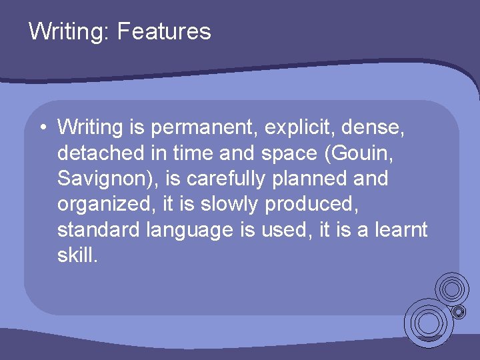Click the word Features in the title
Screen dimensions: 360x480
coord(164,31)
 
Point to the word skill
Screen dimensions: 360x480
coord(77,255)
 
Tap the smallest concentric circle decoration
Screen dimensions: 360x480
coord(459,311)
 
